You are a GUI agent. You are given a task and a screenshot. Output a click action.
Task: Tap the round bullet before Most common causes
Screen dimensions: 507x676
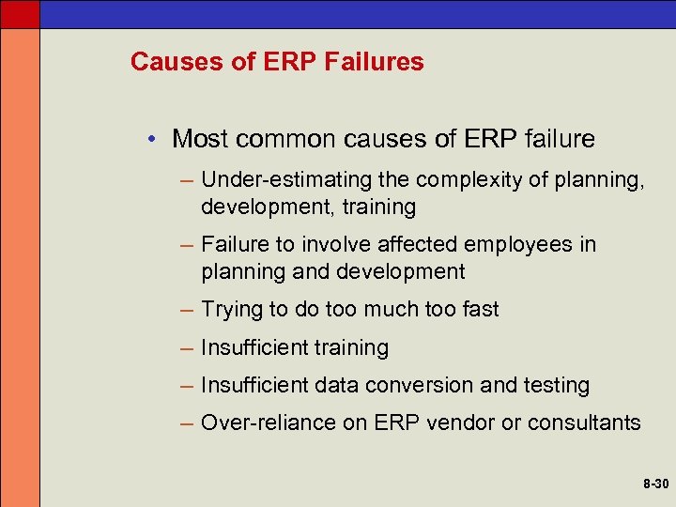click(x=151, y=140)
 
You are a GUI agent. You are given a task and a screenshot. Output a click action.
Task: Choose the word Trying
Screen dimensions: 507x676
click(x=231, y=309)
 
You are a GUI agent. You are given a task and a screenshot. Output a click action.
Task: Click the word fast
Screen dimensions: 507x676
click(x=480, y=309)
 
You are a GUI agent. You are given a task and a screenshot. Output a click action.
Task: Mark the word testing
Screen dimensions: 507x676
click(x=557, y=385)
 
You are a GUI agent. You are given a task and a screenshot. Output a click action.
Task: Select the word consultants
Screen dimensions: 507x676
click(x=584, y=422)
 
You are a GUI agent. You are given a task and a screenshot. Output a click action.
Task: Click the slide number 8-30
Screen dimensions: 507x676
click(x=656, y=484)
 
